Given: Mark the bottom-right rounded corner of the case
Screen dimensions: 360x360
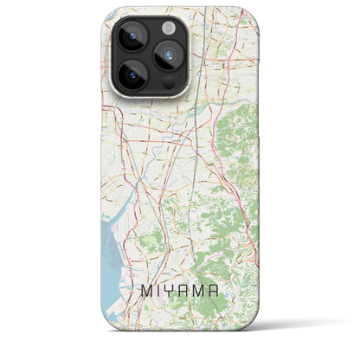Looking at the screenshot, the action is click(244, 344).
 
